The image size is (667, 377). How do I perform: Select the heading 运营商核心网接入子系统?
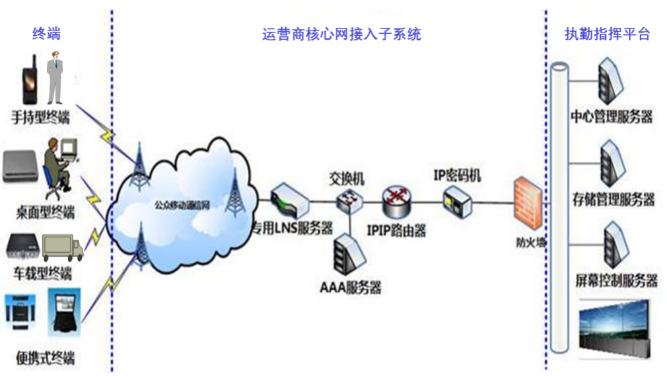341,34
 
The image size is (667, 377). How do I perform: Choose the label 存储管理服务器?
614,198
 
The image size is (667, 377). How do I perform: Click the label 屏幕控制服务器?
616,280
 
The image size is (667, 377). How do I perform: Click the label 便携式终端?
46,358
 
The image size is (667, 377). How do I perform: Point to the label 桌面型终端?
45,212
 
